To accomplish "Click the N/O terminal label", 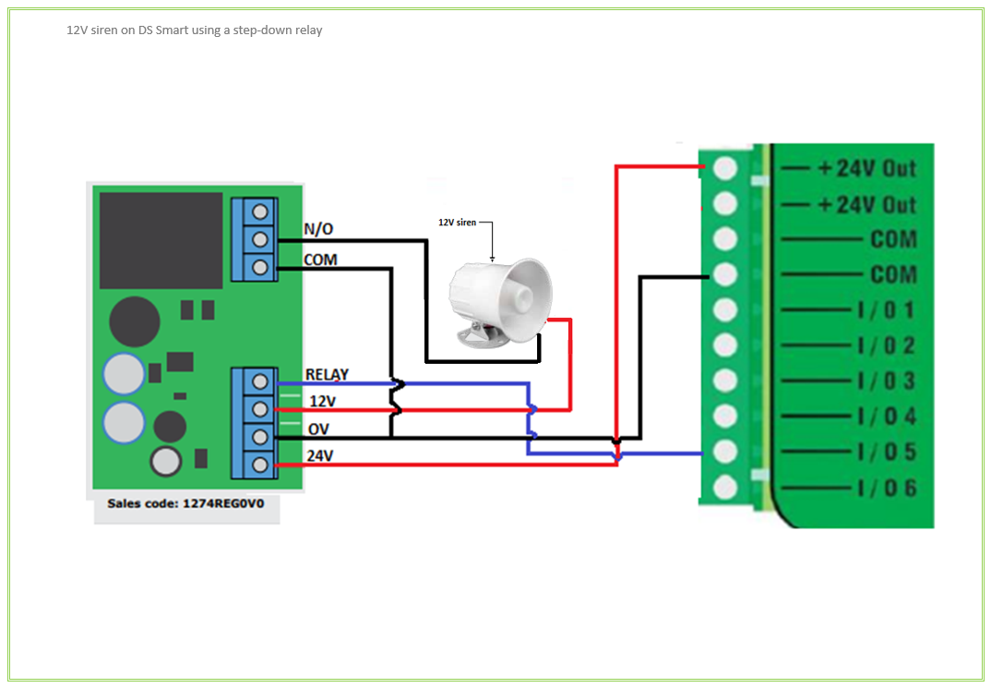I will (x=318, y=229).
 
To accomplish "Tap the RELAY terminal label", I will (x=327, y=375).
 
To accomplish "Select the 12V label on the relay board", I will (x=323, y=402).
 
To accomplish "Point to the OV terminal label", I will (x=319, y=429).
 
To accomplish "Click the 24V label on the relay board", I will (x=320, y=455).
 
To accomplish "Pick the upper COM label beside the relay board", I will (x=320, y=260).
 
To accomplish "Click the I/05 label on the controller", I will (x=886, y=452).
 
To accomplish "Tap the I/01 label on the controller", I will (x=886, y=309).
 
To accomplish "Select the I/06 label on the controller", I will (x=886, y=488).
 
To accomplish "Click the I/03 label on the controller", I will (x=886, y=380).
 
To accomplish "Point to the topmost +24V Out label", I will (x=866, y=168).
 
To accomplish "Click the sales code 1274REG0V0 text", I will (x=185, y=504).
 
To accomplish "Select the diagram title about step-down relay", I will (x=194, y=30).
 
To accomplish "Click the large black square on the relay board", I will (x=161, y=241).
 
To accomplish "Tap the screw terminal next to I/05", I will (x=725, y=451).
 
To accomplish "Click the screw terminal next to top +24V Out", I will (x=725, y=168).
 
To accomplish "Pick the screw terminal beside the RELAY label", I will (x=260, y=380).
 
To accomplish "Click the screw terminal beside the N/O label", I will (x=260, y=237).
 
